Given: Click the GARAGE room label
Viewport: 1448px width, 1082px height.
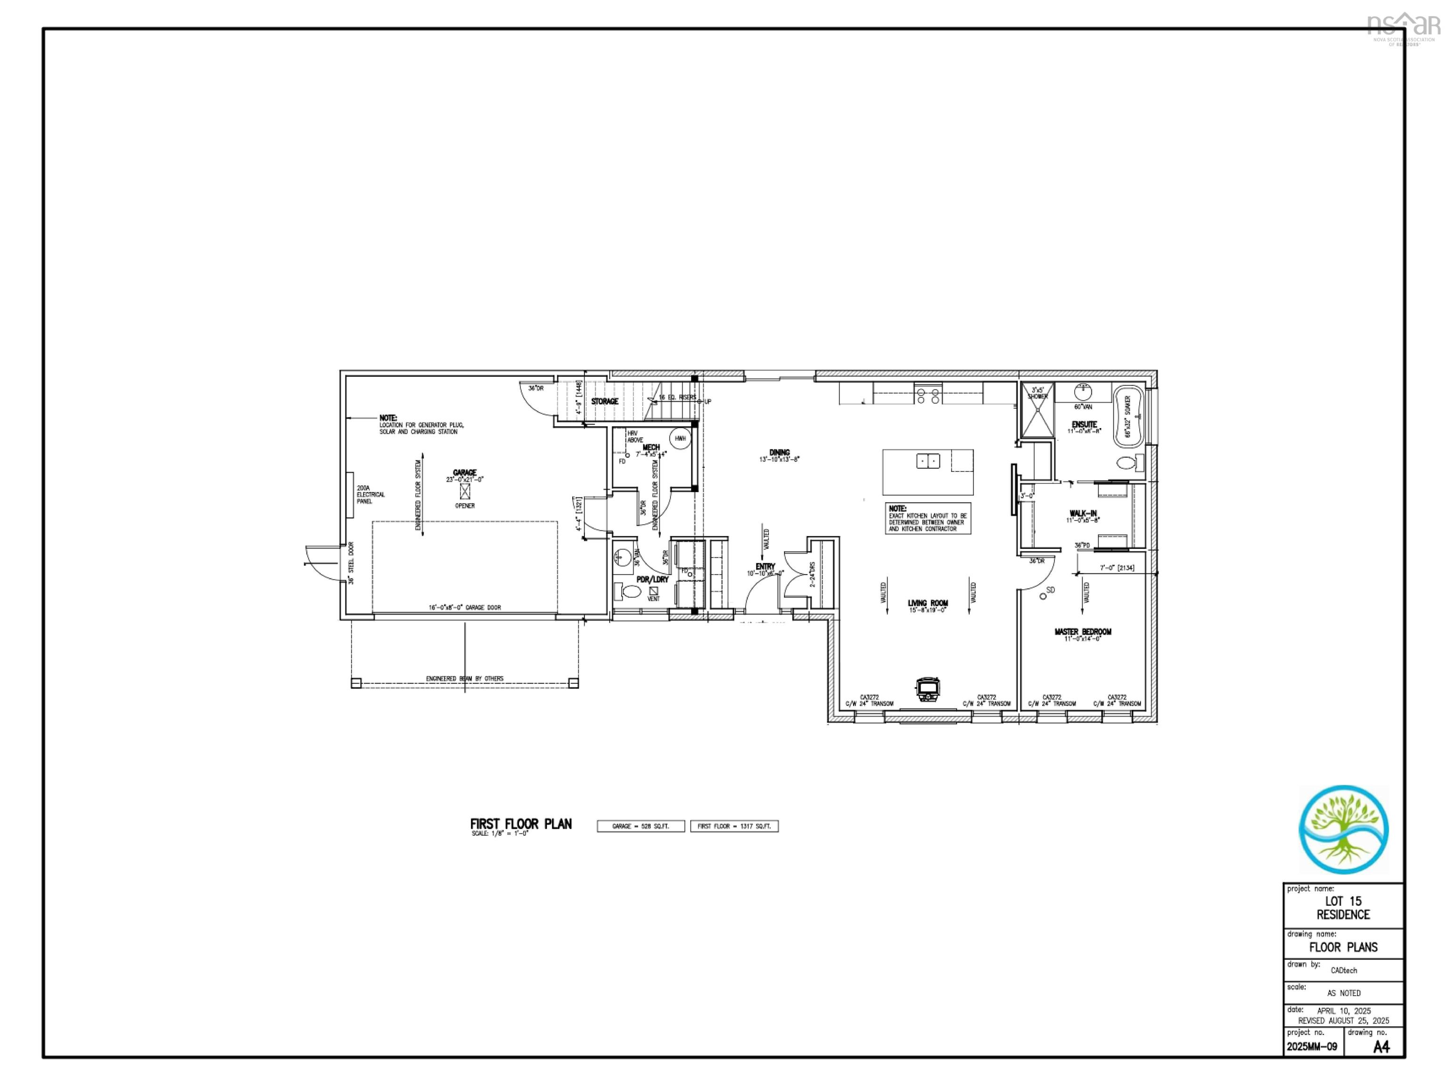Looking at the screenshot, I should (x=465, y=472).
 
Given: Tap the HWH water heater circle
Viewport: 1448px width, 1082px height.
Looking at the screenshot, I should (x=680, y=438).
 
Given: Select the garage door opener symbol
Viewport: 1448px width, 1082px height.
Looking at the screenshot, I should (x=465, y=491).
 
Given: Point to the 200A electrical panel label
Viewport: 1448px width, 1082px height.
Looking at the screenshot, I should (x=370, y=494).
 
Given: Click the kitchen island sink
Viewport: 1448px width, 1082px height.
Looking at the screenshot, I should (x=928, y=461).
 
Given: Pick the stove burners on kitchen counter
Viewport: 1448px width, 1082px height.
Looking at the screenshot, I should (x=928, y=396).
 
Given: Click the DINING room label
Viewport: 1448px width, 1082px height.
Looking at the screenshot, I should (x=779, y=452).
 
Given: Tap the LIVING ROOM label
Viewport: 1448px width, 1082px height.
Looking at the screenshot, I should (x=928, y=603).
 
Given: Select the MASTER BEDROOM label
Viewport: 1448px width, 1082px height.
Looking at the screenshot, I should (x=1083, y=632).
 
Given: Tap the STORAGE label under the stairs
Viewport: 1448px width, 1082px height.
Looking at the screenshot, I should (x=604, y=401).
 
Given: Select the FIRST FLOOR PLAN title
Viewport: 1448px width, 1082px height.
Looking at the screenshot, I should (x=520, y=824).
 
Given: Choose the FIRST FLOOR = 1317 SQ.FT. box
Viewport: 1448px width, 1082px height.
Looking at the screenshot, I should (x=734, y=826).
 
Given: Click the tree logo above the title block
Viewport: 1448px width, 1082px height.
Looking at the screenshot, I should (x=1343, y=829).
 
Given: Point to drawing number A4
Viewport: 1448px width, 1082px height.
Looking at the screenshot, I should (x=1381, y=1047).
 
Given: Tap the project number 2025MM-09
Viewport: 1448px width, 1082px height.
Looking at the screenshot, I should (x=1312, y=1047).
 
